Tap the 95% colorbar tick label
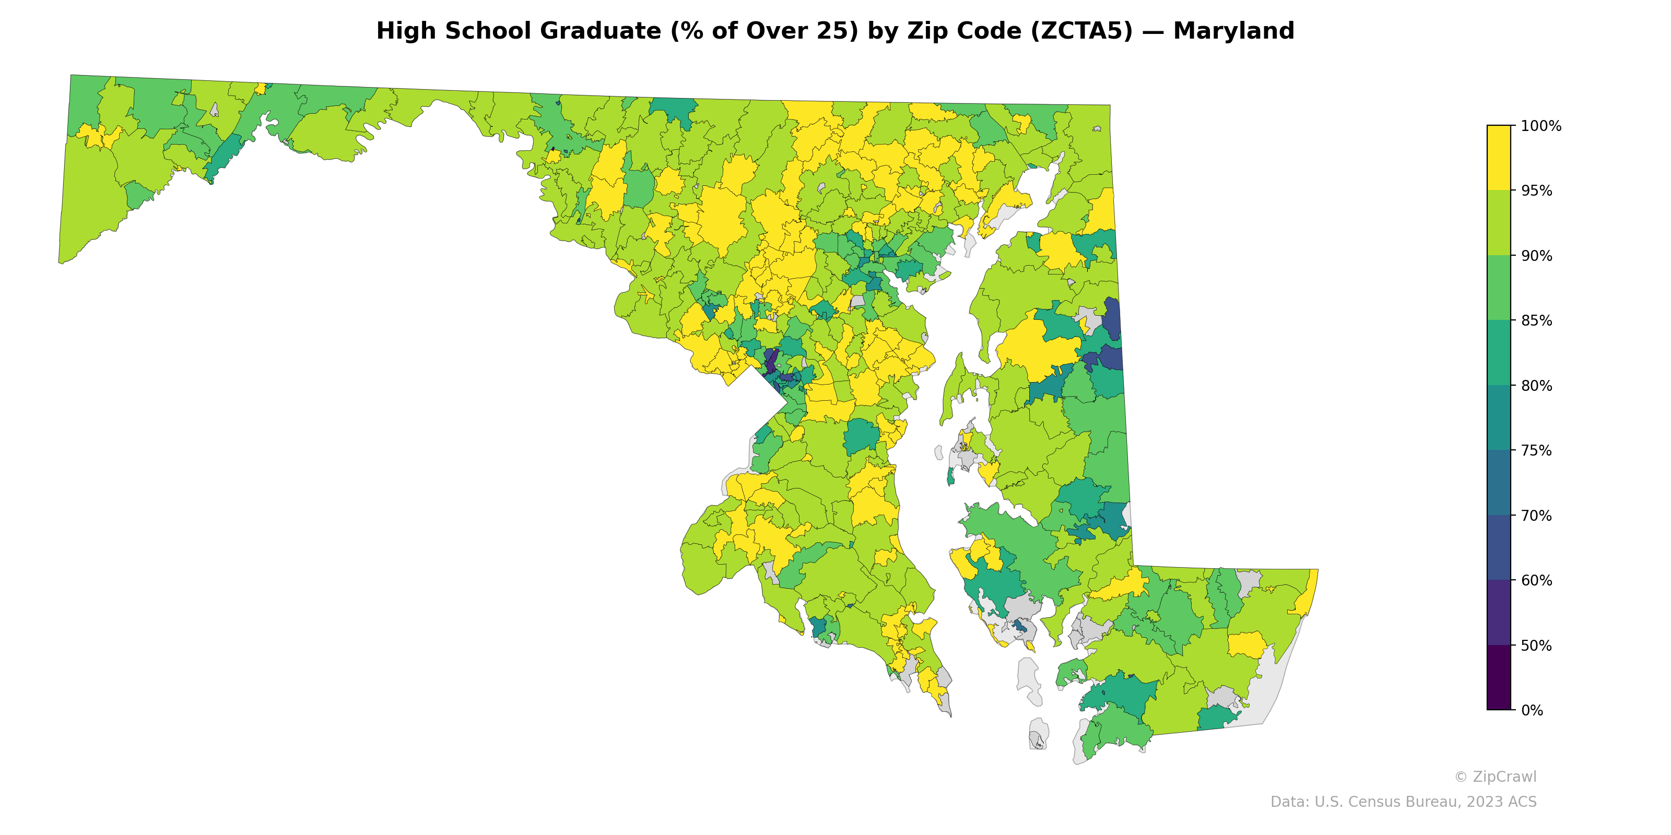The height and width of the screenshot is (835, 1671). click(1536, 191)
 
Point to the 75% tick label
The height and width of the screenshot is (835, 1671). click(1536, 450)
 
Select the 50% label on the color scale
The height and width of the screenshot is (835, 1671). click(1536, 646)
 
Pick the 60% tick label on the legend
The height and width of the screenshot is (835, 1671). click(1536, 581)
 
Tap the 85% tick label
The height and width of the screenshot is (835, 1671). click(1536, 321)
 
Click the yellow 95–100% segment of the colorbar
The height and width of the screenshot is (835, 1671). click(1499, 158)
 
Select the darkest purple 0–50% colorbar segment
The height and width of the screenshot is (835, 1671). click(1499, 677)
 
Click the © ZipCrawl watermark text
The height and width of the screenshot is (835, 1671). click(1495, 777)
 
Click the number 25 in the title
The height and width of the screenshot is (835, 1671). click(840, 31)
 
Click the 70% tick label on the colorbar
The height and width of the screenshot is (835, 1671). click(1536, 516)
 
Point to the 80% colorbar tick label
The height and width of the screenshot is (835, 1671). click(1536, 386)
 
